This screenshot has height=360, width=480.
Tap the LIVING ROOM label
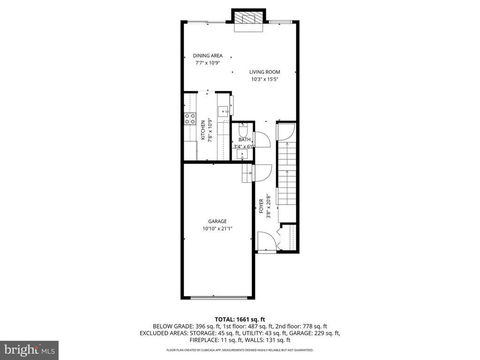[264, 72]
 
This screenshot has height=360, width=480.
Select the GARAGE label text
[217, 221]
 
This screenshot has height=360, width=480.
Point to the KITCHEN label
[203, 130]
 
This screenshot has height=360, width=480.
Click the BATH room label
[244, 140]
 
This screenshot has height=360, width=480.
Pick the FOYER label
[262, 206]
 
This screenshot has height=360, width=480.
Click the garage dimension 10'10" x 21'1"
[217, 229]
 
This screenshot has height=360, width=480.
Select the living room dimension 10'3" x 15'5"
[264, 79]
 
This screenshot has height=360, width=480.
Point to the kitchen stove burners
[190, 119]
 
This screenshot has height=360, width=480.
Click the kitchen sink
[223, 111]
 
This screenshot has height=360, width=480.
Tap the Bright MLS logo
[29, 350]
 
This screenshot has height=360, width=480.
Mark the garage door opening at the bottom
[217, 297]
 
